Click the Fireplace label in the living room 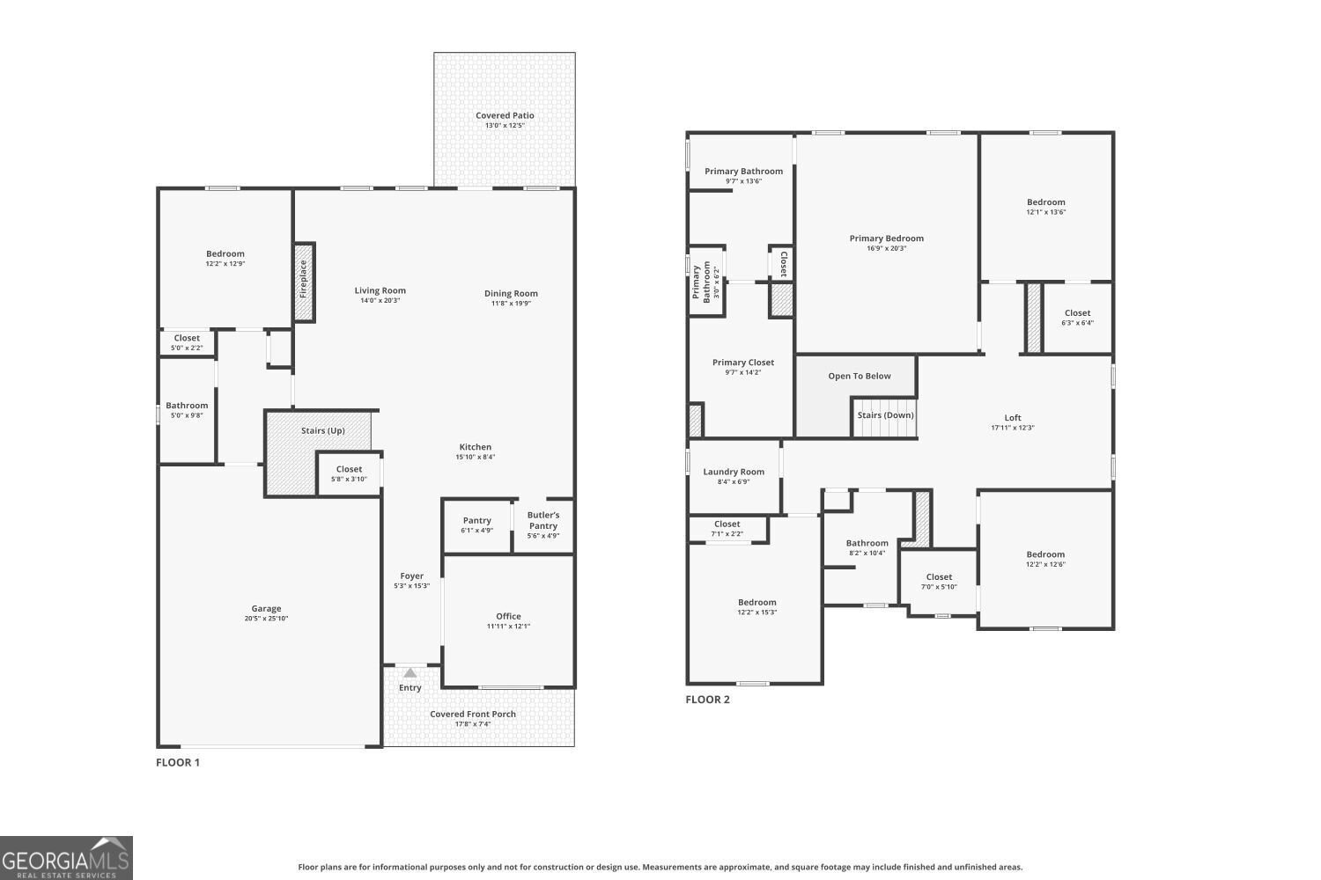[304, 279]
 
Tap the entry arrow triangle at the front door [410, 673]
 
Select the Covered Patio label [505, 115]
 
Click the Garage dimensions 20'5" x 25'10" [267, 619]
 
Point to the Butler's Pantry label [543, 520]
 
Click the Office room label [508, 616]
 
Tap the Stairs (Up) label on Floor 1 [322, 430]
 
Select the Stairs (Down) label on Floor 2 [885, 415]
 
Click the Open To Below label [859, 376]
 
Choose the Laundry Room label [734, 472]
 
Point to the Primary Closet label [743, 362]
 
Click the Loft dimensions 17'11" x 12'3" [1013, 428]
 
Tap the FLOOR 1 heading [178, 762]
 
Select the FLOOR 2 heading [708, 700]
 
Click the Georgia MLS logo [66, 858]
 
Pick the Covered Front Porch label [473, 714]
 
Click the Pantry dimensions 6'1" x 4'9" [477, 531]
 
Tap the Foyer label [411, 576]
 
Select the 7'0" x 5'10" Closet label [939, 577]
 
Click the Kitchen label [475, 447]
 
